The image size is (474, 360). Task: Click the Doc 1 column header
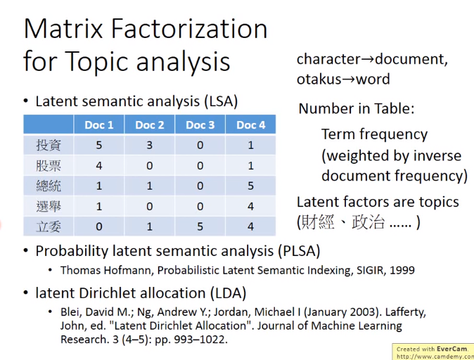(x=98, y=125)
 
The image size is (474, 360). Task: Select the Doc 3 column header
(x=200, y=125)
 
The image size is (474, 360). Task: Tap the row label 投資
(x=49, y=145)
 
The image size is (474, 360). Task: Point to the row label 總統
(x=49, y=186)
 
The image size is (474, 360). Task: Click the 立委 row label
(x=49, y=226)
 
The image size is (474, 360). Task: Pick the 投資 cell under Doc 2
(x=149, y=145)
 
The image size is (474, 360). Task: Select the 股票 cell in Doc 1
(x=98, y=166)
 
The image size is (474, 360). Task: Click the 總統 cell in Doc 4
(x=250, y=186)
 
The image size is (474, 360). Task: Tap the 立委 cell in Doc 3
(x=200, y=226)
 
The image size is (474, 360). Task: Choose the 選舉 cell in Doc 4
(x=250, y=207)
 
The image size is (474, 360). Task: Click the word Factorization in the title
(x=189, y=29)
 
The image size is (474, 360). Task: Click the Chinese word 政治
(x=369, y=222)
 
